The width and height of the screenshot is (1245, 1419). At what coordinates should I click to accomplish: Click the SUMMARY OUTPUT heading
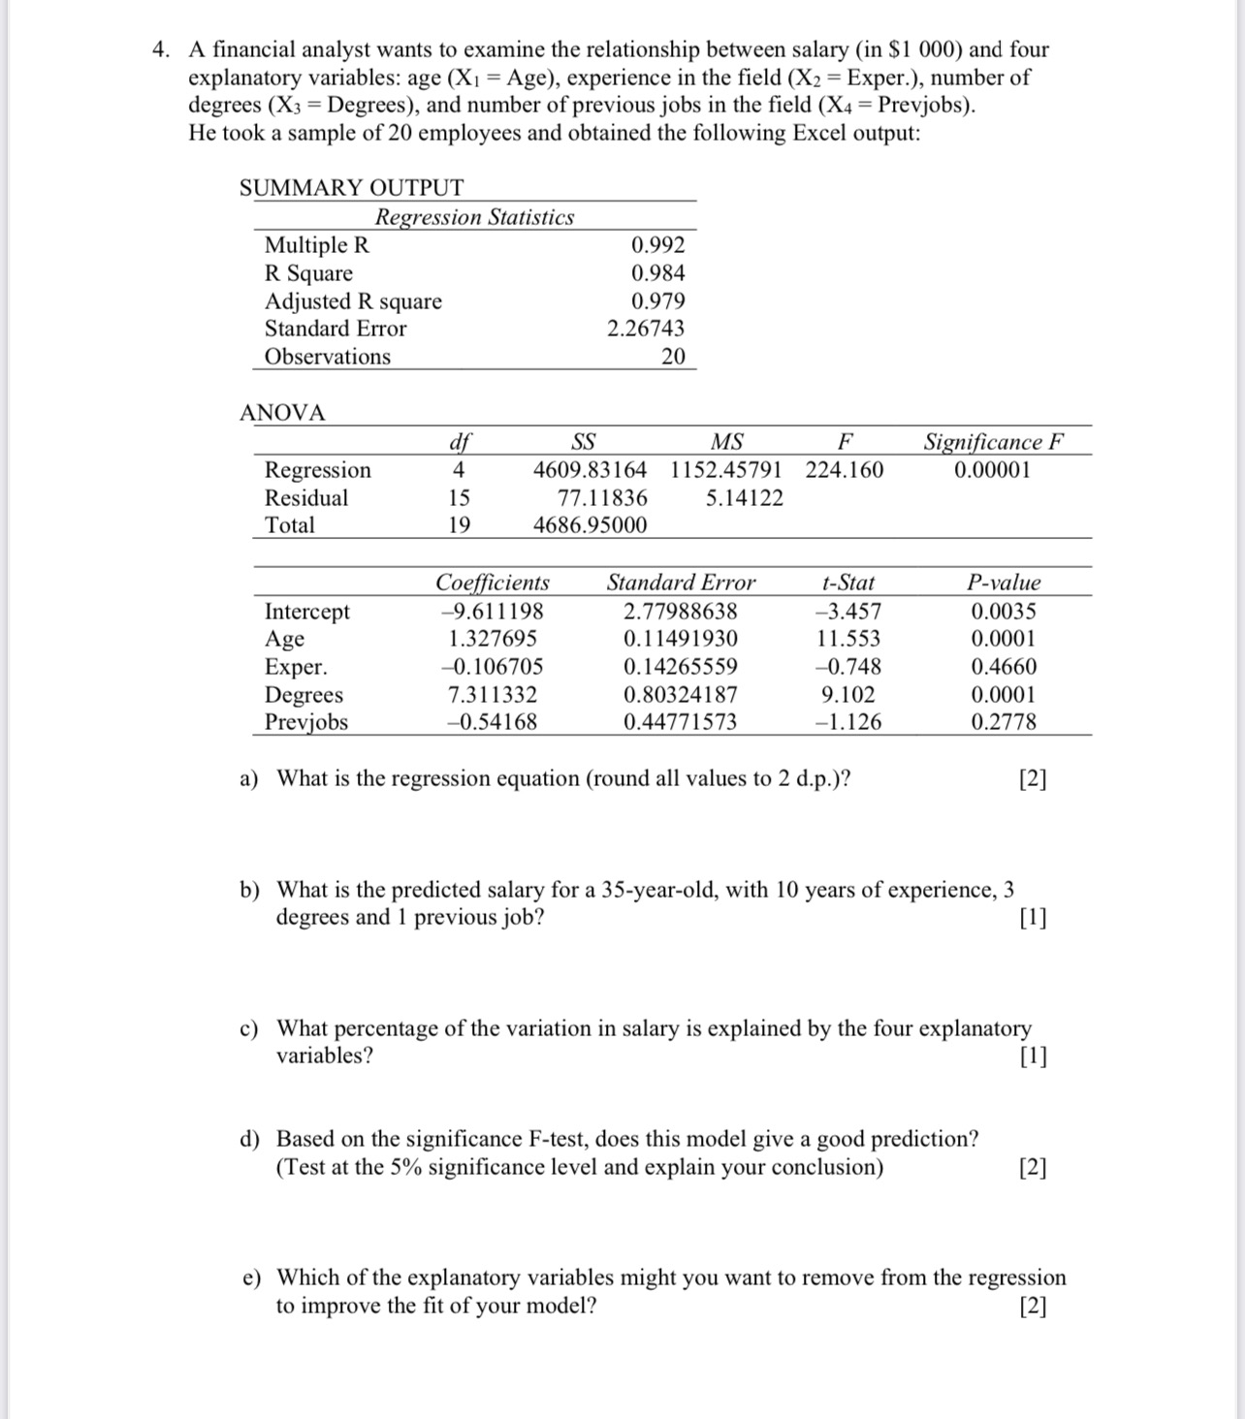(x=351, y=188)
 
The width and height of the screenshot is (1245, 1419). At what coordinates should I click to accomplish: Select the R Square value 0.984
(x=657, y=273)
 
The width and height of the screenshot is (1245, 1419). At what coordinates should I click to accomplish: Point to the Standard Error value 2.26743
(x=645, y=329)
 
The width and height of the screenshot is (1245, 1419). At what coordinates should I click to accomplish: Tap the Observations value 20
(x=673, y=357)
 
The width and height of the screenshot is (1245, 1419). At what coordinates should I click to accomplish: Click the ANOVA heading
(x=282, y=413)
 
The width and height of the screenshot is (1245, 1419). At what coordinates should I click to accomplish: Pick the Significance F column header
(x=993, y=443)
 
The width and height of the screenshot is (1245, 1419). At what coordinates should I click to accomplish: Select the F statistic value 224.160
(x=844, y=471)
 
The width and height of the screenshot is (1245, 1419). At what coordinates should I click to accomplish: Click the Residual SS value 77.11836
(x=603, y=498)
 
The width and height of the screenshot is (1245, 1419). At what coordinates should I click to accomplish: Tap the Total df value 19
(x=459, y=525)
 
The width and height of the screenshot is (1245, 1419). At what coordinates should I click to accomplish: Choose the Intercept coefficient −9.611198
(x=492, y=612)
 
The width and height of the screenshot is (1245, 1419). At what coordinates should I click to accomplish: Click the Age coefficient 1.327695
(x=493, y=639)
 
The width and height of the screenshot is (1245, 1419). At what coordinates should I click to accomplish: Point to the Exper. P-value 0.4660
(x=1004, y=667)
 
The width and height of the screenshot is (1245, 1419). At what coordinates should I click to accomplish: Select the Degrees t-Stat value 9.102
(x=847, y=695)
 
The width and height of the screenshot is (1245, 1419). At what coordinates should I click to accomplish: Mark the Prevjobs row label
(x=306, y=722)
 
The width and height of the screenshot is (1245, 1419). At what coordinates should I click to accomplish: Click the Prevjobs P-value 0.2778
(x=1004, y=722)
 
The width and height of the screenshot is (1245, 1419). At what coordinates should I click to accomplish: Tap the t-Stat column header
(x=847, y=583)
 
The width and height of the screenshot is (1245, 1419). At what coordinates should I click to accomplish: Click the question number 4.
(x=161, y=49)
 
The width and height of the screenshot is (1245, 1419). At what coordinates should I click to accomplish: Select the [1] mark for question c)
(x=1033, y=1056)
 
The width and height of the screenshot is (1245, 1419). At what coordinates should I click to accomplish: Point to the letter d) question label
(x=250, y=1139)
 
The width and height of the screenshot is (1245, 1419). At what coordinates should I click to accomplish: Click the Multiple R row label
(x=317, y=245)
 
